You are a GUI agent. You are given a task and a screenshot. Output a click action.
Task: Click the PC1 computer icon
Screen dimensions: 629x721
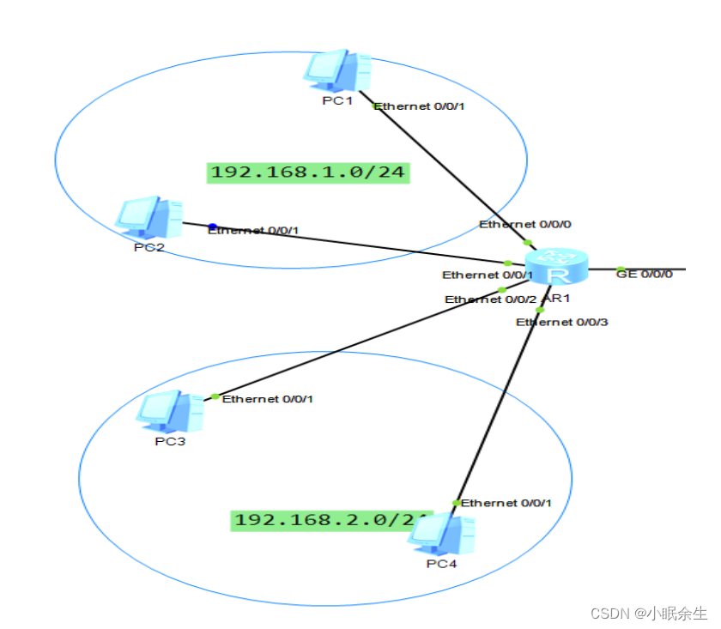(x=336, y=70)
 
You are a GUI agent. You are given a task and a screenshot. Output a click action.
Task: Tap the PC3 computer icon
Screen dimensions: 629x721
(x=170, y=411)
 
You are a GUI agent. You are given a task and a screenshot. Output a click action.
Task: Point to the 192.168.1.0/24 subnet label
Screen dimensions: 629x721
(x=308, y=172)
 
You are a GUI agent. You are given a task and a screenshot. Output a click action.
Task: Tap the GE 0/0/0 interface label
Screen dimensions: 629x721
(x=645, y=273)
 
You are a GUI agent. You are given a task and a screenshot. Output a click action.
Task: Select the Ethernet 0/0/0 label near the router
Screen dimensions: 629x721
(x=525, y=224)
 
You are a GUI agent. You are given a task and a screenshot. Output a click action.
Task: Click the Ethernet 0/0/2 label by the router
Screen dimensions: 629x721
(x=491, y=299)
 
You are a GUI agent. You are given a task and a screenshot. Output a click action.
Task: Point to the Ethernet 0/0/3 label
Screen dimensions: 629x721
(x=561, y=322)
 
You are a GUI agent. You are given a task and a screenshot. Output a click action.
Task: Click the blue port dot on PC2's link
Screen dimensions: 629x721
(x=213, y=227)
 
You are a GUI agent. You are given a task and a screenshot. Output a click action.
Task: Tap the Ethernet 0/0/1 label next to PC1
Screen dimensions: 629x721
(x=419, y=106)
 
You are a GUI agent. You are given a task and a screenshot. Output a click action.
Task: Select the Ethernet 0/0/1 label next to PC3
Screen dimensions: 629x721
(x=268, y=399)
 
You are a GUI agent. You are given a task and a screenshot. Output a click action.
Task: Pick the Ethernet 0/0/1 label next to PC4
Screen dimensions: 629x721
(x=506, y=503)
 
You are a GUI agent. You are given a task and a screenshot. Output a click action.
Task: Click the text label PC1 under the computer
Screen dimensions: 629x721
(x=337, y=100)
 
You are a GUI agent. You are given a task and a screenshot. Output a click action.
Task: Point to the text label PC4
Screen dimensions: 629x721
(x=442, y=564)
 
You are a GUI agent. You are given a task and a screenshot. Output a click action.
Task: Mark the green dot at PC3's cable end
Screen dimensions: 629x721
(x=215, y=396)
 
